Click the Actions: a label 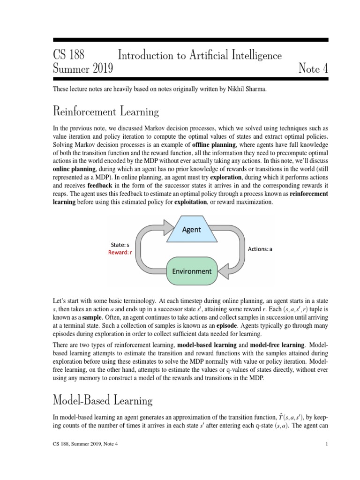(x=260, y=249)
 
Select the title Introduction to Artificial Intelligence (x=200, y=55)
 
